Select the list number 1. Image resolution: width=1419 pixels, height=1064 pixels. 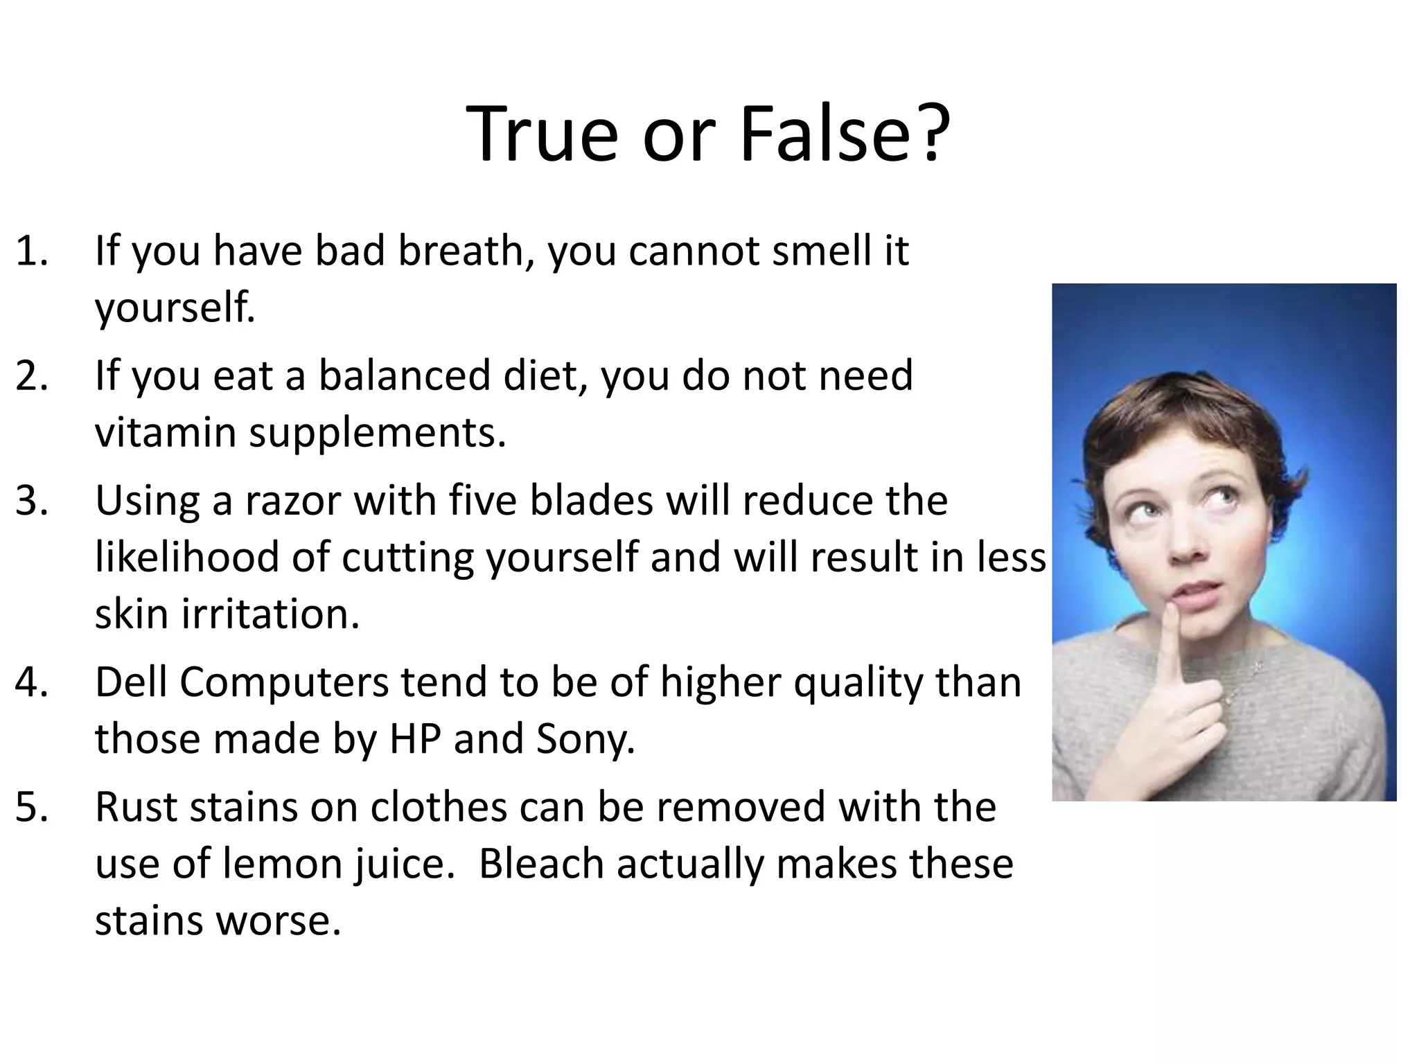32,251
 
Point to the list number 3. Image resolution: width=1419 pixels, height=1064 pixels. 32,501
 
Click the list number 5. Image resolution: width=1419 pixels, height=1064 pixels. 32,808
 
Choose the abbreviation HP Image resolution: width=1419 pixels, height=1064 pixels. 414,739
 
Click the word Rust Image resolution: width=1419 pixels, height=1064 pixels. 136,808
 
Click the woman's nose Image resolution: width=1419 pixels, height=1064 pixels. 1187,547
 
